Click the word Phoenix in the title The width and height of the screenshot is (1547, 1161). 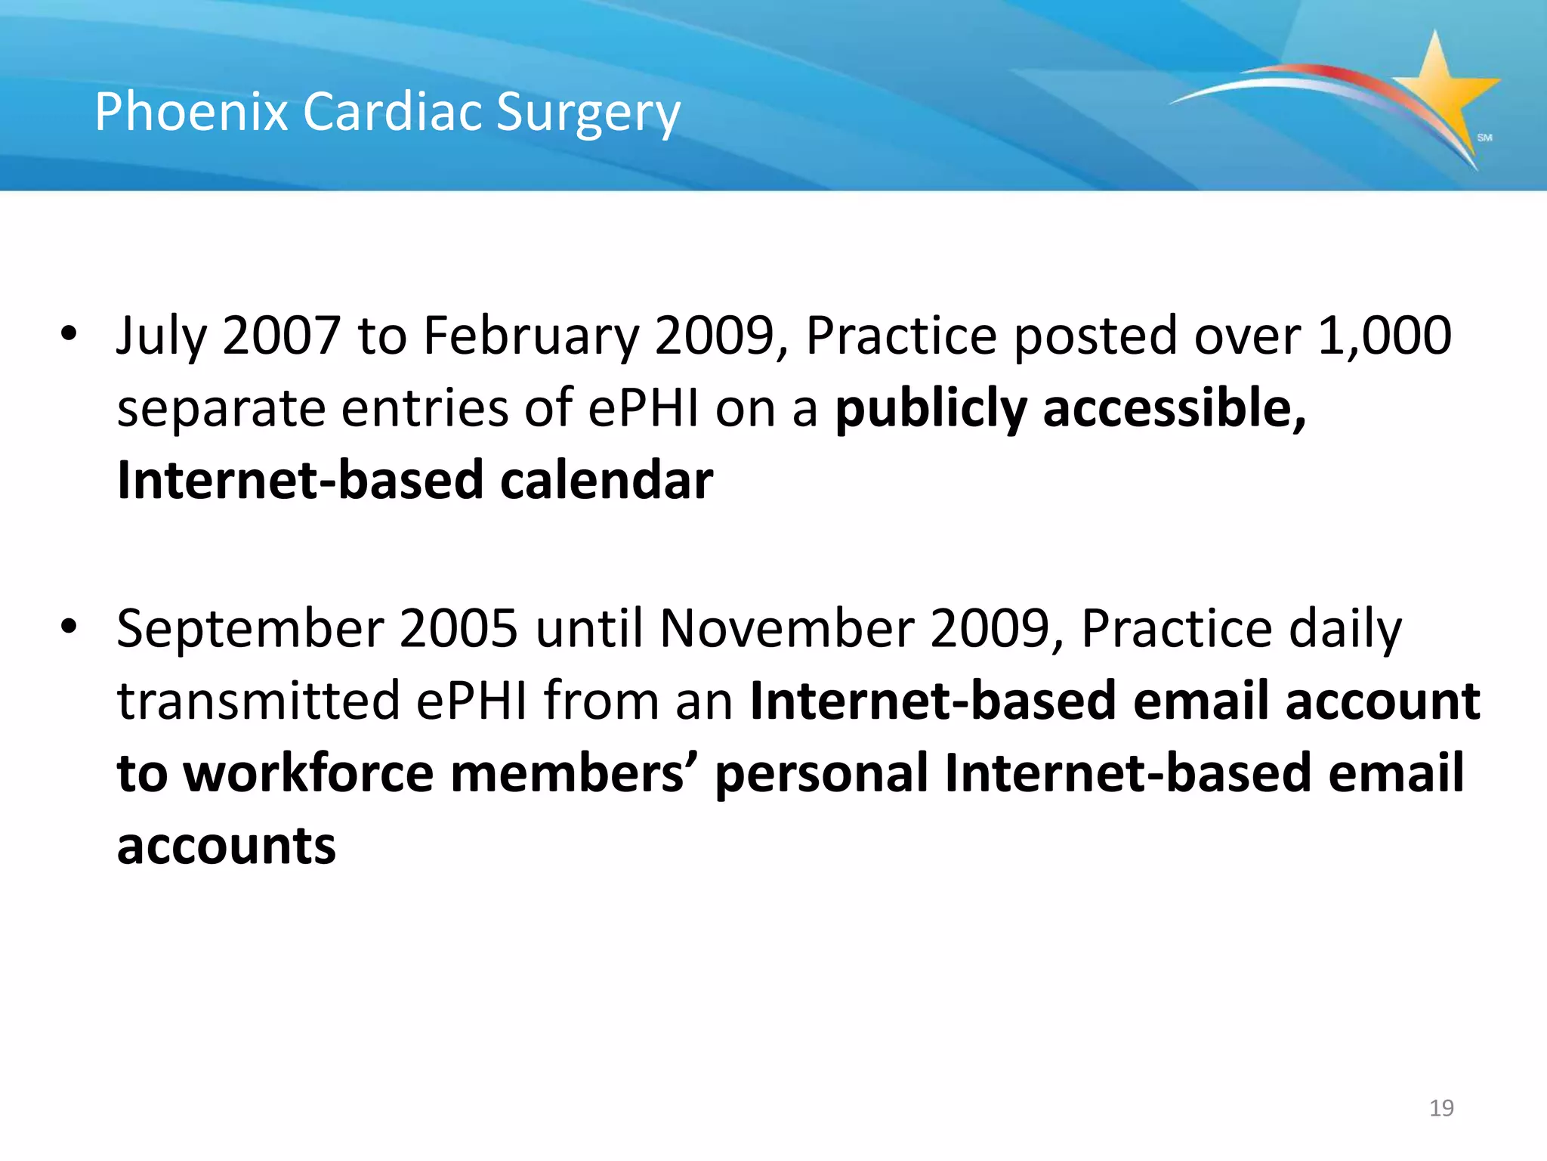pos(190,112)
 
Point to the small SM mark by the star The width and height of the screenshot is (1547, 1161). pos(1484,138)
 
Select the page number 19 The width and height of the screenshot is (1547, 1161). pos(1441,1108)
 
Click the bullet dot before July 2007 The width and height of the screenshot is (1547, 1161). pos(69,333)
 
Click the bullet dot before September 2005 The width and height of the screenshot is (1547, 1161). pos(69,626)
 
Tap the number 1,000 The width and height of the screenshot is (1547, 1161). pos(1384,335)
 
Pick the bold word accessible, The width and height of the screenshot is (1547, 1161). pos(1174,408)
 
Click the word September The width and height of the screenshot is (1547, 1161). pos(250,629)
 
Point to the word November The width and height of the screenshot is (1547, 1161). pos(786,629)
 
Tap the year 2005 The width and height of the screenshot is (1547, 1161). pos(458,629)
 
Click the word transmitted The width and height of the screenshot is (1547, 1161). pos(258,701)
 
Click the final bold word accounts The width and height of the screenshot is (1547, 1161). pos(226,847)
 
